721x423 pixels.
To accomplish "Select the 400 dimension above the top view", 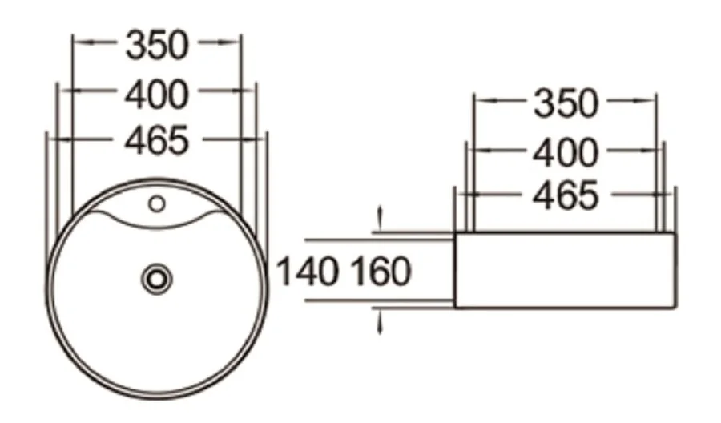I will (x=156, y=95).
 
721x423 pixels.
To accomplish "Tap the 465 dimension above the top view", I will (x=156, y=141).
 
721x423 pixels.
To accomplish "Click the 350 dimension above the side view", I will (x=566, y=103).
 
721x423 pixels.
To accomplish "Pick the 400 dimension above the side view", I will (x=566, y=152).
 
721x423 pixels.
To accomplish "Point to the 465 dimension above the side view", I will (x=566, y=195).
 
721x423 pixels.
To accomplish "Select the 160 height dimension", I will (x=380, y=272).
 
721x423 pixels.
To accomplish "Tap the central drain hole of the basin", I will (x=157, y=279).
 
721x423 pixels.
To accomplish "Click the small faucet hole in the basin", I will (x=157, y=204).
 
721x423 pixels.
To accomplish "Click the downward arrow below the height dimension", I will (x=380, y=323).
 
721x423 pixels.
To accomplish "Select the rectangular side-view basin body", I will (x=565, y=270).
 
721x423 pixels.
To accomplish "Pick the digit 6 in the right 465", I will (x=566, y=195).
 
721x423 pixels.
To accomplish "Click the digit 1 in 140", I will (x=284, y=272).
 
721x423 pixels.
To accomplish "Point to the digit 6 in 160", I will (x=380, y=272).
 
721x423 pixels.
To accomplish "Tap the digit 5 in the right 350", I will (x=566, y=103).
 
